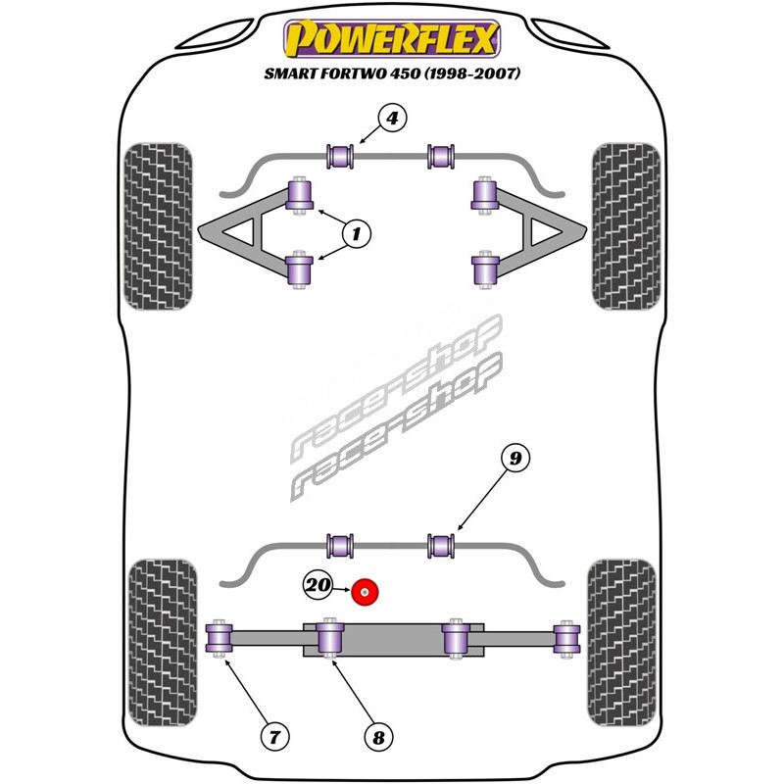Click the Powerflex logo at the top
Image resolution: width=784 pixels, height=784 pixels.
(392, 40)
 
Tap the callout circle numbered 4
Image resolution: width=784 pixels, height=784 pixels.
(391, 120)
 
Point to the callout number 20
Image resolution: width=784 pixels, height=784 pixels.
(318, 586)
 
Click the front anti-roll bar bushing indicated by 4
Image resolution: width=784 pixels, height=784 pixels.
(340, 155)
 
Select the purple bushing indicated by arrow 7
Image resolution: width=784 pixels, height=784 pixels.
(219, 638)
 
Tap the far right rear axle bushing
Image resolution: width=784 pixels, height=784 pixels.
(565, 638)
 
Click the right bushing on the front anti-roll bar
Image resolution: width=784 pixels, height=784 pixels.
(442, 155)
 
